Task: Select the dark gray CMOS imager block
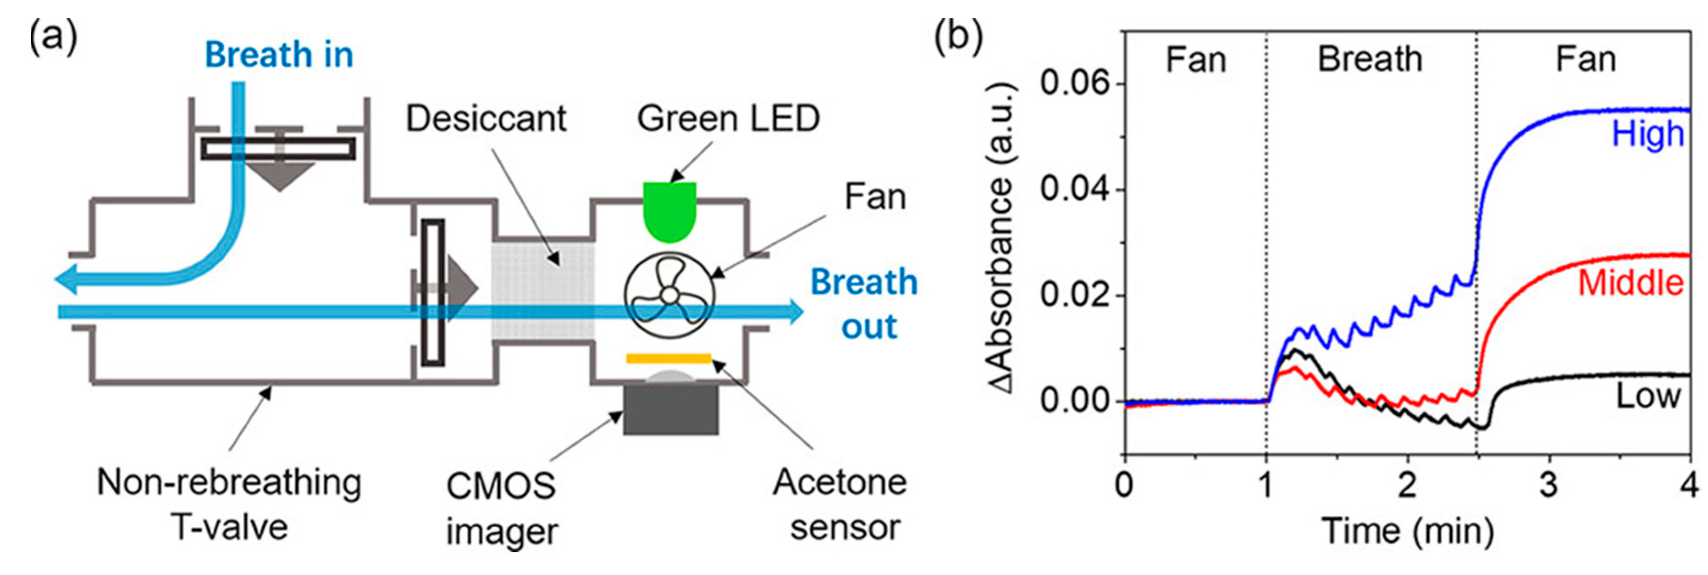point(670,410)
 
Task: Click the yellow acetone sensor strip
point(669,359)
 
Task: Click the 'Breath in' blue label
point(279,55)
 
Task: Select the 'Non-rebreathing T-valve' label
point(229,504)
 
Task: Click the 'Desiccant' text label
point(486,119)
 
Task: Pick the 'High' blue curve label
point(1647,134)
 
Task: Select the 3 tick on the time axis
point(1549,486)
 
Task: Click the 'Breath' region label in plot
point(1370,59)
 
